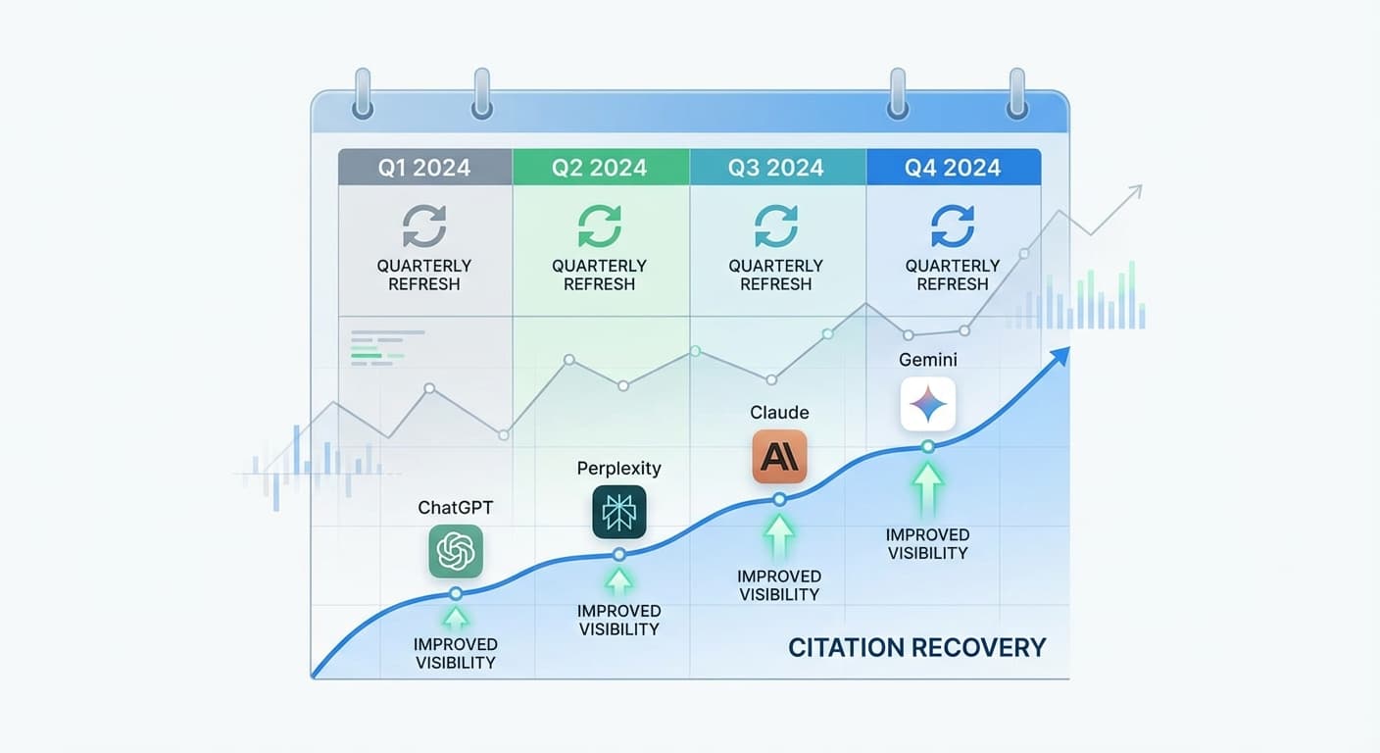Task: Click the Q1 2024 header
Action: [424, 168]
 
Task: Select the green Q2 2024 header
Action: [600, 168]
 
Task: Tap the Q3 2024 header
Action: [776, 168]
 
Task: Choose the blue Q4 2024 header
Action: [953, 168]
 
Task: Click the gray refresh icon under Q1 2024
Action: [424, 226]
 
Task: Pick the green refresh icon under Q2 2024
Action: [600, 226]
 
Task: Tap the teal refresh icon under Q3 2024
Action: [776, 226]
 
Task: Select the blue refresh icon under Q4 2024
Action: [953, 226]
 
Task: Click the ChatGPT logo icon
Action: [456, 551]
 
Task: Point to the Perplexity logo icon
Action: [619, 512]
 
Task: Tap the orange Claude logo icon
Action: [779, 457]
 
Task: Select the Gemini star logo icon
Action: [927, 404]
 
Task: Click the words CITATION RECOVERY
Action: [917, 648]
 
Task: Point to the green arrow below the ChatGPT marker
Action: [456, 618]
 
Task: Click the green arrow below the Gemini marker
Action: [928, 486]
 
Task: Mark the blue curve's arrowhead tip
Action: [1067, 349]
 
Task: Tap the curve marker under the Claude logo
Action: [779, 499]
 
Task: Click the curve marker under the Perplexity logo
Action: [618, 555]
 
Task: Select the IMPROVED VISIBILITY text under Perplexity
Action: [618, 621]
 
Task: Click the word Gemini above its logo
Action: [928, 360]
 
